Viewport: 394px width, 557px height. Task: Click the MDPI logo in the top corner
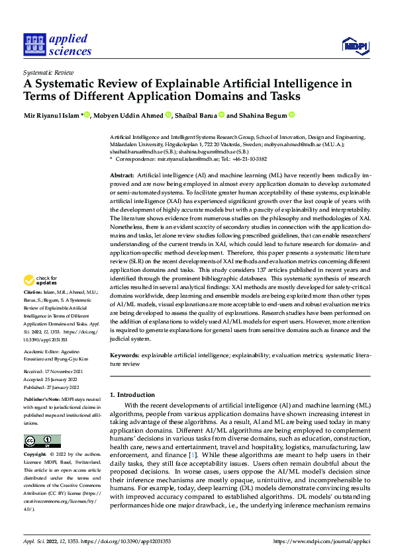click(354, 45)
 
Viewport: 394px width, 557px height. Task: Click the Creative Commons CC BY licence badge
click(42, 441)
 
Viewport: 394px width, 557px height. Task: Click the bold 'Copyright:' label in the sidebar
click(35, 455)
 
